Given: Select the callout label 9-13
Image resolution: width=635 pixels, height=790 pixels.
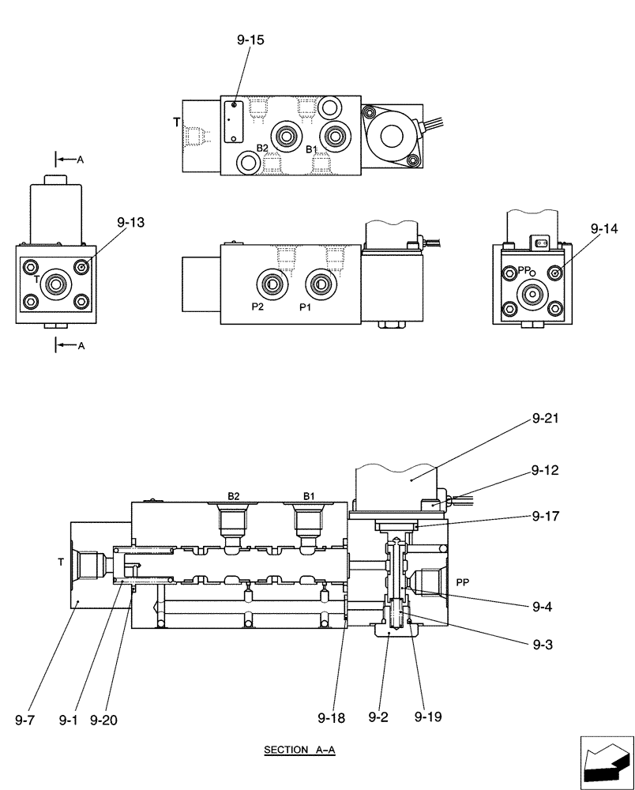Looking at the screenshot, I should pos(131,224).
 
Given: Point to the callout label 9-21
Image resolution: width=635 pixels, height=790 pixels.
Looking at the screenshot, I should pos(546,418).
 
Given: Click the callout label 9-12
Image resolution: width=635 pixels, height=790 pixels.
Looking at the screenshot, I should pos(545,470).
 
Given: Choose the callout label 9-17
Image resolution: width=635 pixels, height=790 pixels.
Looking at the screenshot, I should pos(545,517).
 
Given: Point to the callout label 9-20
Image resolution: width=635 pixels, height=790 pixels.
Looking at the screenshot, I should pos(104,720).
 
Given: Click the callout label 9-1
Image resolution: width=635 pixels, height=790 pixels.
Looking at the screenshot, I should pos(69,720).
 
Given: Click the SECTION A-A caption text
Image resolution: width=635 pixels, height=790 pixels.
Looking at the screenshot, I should pos(300,750).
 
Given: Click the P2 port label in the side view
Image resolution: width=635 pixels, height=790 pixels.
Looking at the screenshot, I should pos(257,307).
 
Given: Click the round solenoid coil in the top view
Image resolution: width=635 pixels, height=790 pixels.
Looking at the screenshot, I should pos(393,136).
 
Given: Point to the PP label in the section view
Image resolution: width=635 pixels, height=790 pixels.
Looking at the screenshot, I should pos(463,582).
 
